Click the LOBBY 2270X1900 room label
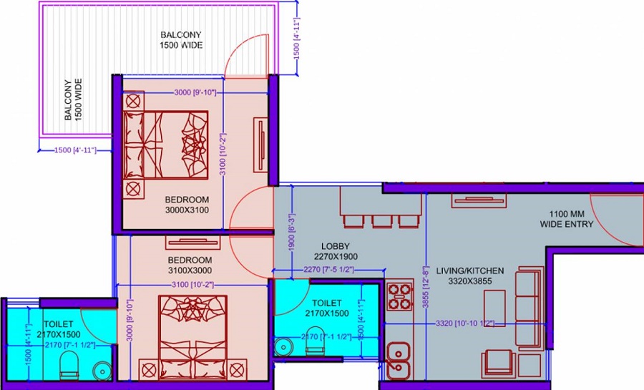(x=336, y=251)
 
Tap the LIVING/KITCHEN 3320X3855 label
(x=470, y=277)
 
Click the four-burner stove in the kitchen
(x=400, y=296)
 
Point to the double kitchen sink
(x=398, y=361)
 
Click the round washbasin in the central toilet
(x=284, y=346)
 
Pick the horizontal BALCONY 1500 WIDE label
(x=181, y=40)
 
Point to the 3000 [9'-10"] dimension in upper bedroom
(x=195, y=93)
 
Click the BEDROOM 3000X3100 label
(x=187, y=204)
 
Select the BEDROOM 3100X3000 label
(x=190, y=265)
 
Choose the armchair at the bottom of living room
(x=499, y=364)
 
